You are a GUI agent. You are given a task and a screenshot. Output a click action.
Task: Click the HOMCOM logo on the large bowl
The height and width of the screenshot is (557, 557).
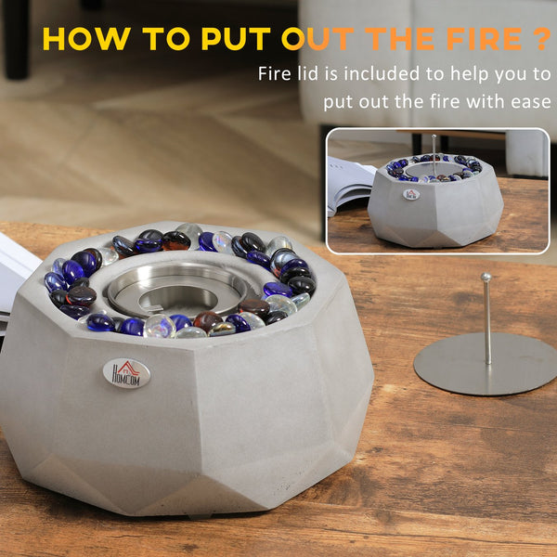[126, 372]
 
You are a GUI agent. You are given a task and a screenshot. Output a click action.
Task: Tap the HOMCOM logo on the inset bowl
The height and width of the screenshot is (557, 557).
[411, 194]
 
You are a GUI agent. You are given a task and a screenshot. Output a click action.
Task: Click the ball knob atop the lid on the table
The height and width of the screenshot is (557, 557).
[486, 277]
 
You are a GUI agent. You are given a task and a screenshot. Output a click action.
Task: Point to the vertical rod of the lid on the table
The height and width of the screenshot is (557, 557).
[486, 320]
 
